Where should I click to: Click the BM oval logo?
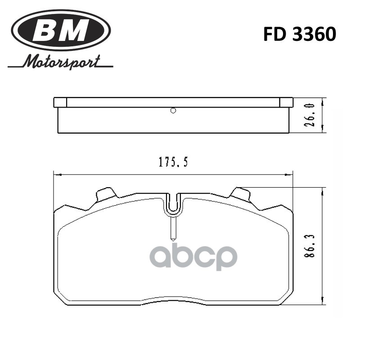click(61, 31)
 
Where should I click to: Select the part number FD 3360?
click(300, 35)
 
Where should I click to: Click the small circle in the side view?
click(174, 111)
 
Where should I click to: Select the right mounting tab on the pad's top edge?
click(240, 195)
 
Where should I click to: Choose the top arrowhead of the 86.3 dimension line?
click(323, 191)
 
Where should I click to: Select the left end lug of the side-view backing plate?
click(60, 103)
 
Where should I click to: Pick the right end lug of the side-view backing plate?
click(287, 103)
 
